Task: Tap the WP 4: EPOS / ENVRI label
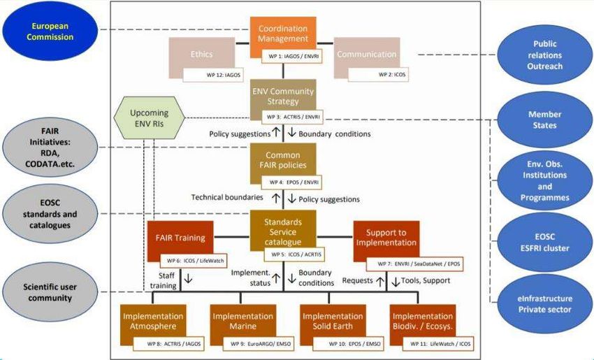291,181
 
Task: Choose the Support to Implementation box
386,241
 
